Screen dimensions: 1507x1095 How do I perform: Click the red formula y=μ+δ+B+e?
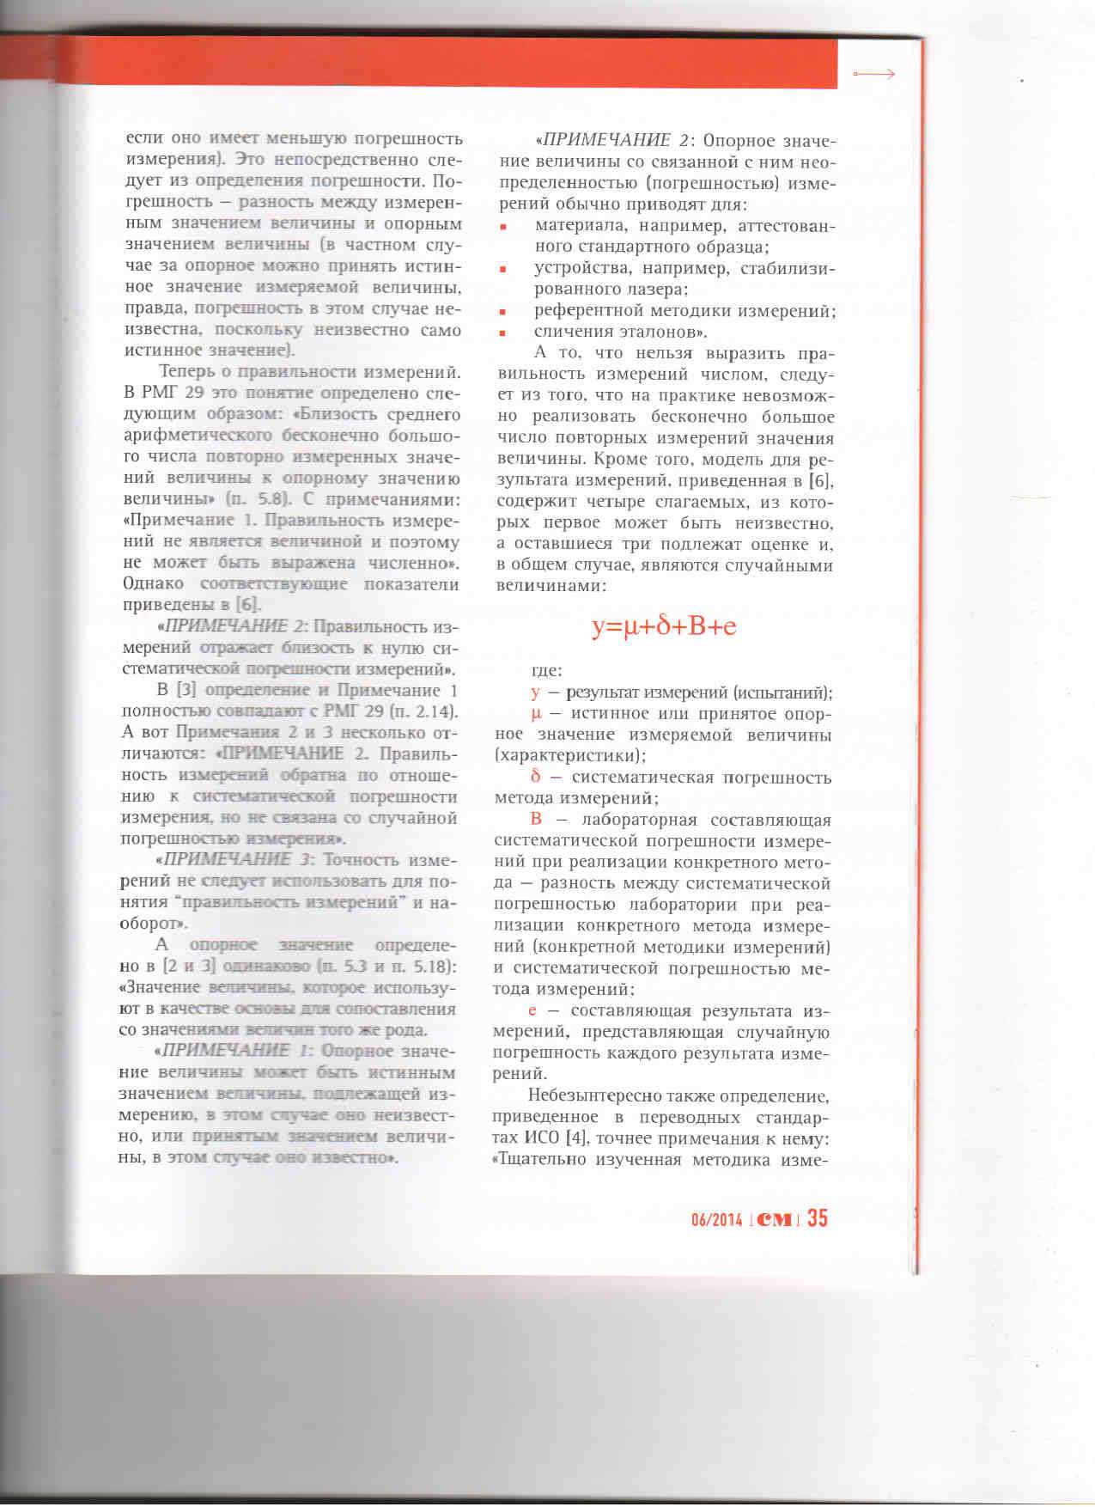pyautogui.click(x=664, y=627)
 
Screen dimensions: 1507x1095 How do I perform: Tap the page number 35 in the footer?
pyautogui.click(x=817, y=1218)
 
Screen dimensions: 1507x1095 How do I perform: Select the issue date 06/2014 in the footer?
pyautogui.click(x=716, y=1220)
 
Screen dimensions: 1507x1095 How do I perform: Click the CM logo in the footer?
pyautogui.click(x=775, y=1220)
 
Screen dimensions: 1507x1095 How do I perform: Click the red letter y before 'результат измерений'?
pyautogui.click(x=535, y=693)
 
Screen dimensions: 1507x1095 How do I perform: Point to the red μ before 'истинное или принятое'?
pyautogui.click(x=534, y=715)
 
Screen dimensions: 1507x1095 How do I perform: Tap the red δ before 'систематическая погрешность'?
pyautogui.click(x=535, y=778)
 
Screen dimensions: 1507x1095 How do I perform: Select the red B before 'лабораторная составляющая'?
pyautogui.click(x=537, y=820)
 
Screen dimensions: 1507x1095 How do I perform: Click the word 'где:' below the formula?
pyautogui.click(x=547, y=671)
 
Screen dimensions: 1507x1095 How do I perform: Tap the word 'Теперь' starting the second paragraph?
pyautogui.click(x=189, y=373)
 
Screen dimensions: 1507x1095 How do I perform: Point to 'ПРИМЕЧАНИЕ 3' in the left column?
pyautogui.click(x=228, y=860)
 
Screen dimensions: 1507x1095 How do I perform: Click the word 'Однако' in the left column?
pyautogui.click(x=150, y=584)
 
